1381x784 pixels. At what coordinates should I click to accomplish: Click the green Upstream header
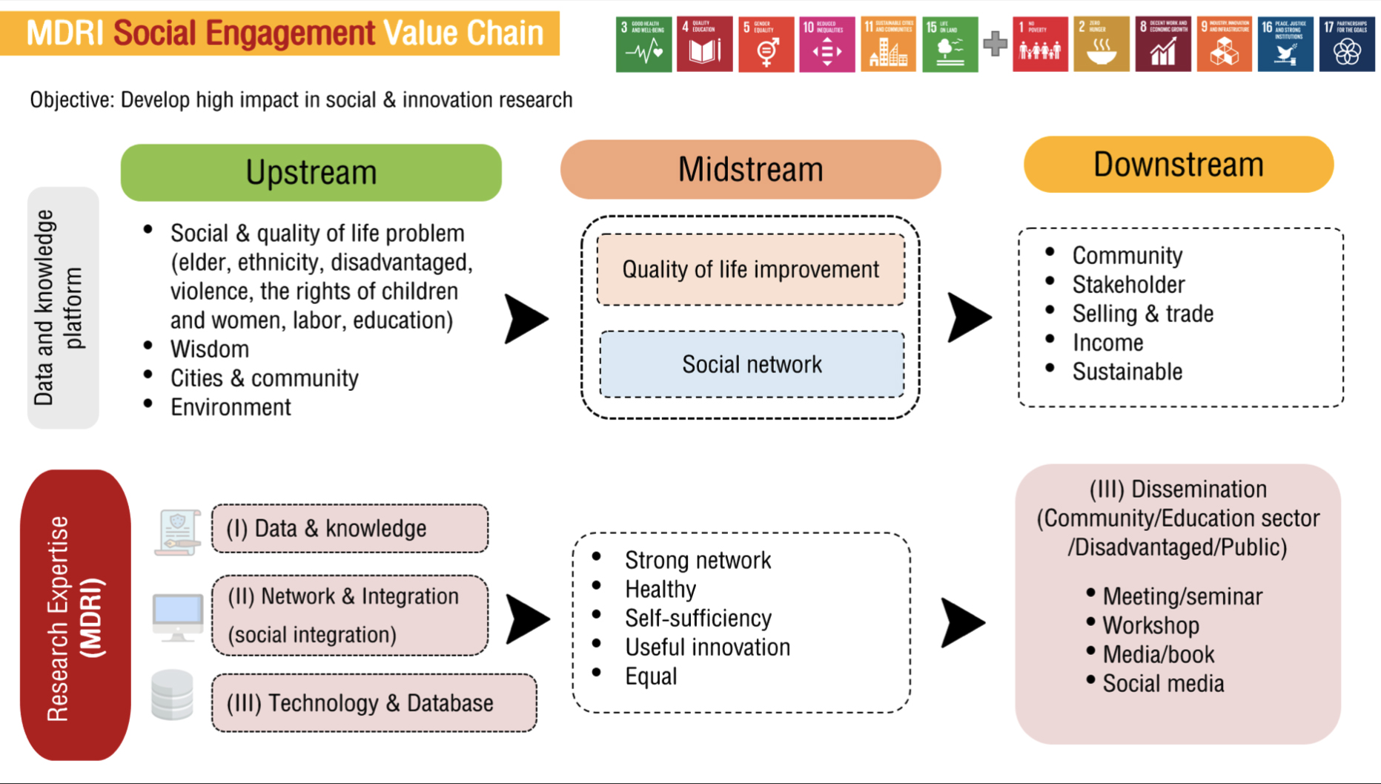coord(311,172)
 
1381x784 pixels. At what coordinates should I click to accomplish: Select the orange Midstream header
coord(750,169)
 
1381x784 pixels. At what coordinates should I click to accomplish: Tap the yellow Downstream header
coord(1178,165)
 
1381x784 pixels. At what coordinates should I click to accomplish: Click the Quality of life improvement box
coord(750,269)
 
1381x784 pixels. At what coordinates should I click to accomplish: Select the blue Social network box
coord(752,364)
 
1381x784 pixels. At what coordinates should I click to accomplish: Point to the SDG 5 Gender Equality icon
coord(766,45)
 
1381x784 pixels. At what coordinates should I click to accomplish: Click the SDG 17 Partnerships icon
coord(1346,45)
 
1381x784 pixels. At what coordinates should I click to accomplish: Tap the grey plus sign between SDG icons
coord(995,45)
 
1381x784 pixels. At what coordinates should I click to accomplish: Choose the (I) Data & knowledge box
coord(349,528)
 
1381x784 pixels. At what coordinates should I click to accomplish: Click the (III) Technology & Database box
coord(374,702)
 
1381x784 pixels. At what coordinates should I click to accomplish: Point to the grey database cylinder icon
coord(172,695)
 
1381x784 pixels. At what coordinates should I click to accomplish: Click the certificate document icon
coord(177,532)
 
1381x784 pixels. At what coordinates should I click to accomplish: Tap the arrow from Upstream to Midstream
coord(526,319)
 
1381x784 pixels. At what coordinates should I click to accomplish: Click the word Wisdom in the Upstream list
coord(210,349)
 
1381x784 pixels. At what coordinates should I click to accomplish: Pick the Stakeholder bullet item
coord(1128,284)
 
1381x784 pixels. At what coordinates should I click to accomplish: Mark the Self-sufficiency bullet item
coord(698,618)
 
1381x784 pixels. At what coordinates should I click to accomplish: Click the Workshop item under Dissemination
coord(1150,625)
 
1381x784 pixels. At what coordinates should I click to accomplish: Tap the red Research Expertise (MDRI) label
coord(76,615)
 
